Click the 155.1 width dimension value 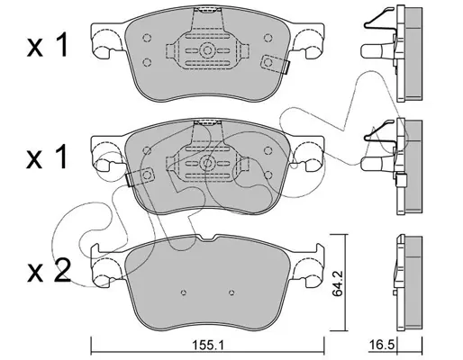click(208, 346)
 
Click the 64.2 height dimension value click(338, 283)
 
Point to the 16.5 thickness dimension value click(381, 345)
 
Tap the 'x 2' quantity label click(49, 270)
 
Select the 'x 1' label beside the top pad click(48, 45)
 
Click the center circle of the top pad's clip click(207, 50)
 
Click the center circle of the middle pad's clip click(207, 163)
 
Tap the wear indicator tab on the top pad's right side click(275, 64)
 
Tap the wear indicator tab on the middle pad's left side click(140, 177)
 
